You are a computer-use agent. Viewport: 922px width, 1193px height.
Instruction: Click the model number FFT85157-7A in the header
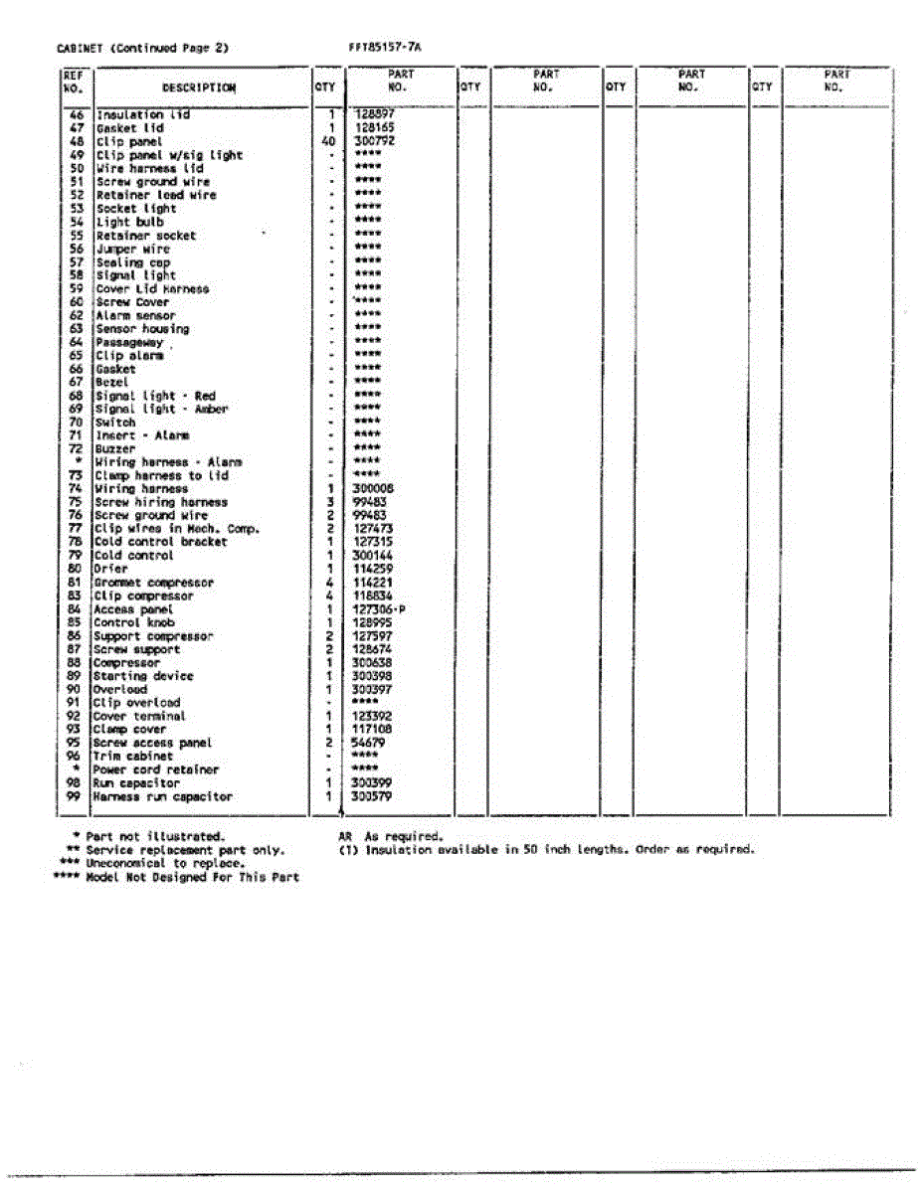coord(385,47)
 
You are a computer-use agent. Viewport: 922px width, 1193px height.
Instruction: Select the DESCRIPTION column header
coord(199,87)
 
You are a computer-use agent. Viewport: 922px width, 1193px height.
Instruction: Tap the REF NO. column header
coord(74,81)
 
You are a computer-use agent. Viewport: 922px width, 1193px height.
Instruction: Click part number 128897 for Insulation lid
coord(374,114)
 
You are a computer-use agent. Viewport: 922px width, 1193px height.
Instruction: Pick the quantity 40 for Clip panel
coord(328,141)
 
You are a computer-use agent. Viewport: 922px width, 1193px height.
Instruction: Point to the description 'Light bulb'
coord(129,222)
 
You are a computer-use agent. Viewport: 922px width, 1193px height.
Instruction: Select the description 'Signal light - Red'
coord(154,396)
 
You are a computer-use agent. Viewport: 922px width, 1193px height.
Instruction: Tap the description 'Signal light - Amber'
coord(160,409)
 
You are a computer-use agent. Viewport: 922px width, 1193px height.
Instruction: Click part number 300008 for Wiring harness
coord(373,489)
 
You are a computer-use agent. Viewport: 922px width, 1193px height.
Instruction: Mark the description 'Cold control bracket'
coord(160,542)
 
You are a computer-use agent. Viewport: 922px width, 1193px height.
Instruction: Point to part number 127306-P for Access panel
coord(378,609)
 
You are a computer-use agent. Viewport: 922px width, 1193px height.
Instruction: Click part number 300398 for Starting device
coord(373,676)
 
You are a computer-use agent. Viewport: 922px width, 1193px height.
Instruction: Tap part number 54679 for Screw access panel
coord(369,743)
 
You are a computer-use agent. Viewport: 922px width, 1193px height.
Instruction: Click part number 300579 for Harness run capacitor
coord(373,796)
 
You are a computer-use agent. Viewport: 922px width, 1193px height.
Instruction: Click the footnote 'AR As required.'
coord(390,837)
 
